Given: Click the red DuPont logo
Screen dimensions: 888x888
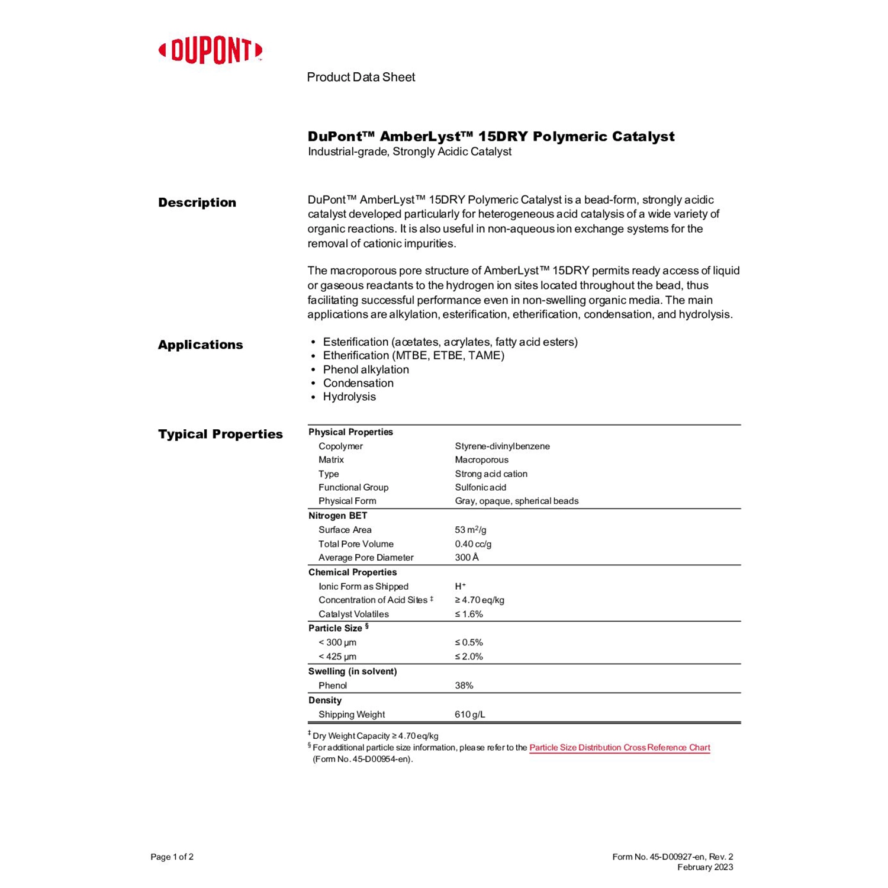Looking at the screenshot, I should click(x=210, y=51).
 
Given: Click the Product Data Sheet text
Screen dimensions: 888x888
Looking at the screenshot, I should click(x=361, y=77).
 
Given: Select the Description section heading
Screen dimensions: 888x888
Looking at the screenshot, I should click(x=197, y=202).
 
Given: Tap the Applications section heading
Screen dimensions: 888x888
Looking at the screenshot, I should click(x=200, y=345).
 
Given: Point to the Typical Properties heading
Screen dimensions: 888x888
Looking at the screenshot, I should click(x=220, y=434).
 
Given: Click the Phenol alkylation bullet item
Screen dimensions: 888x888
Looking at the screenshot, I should click(x=366, y=369).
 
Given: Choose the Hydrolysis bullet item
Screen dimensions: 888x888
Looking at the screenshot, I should click(x=349, y=397).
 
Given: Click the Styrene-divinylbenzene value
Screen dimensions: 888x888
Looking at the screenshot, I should click(x=502, y=446).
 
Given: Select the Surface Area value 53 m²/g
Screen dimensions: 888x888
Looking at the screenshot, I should click(x=471, y=530).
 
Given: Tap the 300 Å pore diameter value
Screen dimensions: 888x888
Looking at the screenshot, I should click(x=466, y=557).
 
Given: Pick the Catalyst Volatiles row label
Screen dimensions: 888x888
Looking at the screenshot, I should click(x=353, y=614).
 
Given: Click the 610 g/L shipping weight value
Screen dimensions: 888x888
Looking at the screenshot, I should click(x=470, y=714).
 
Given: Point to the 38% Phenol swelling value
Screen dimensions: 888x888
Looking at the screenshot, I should click(x=464, y=685).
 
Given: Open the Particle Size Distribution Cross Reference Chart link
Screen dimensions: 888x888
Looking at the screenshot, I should click(x=619, y=747).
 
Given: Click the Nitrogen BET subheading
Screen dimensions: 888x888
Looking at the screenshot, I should click(x=337, y=516).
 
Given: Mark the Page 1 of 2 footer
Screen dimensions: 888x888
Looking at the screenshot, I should click(x=172, y=857).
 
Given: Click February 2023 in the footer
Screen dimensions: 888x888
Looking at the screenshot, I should click(x=705, y=867).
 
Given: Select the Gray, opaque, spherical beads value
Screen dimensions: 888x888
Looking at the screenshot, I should click(x=516, y=501).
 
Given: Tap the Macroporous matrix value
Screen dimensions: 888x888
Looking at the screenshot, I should click(x=481, y=459).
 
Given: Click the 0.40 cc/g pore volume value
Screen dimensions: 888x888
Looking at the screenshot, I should click(x=473, y=543).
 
